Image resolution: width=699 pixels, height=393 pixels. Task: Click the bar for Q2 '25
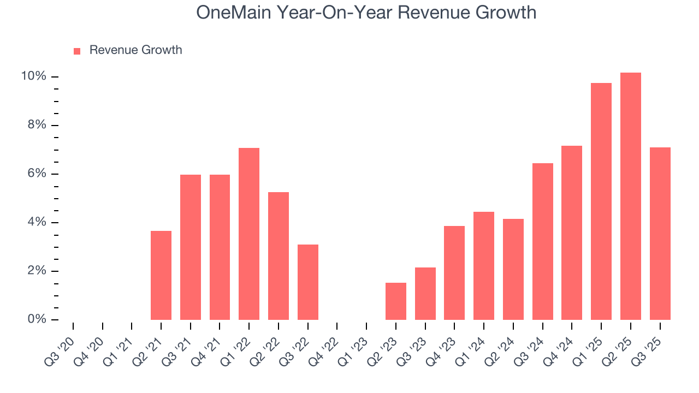tap(630, 196)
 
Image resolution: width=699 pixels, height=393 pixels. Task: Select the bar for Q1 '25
tap(601, 201)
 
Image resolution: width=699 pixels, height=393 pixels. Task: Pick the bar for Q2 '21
tap(161, 275)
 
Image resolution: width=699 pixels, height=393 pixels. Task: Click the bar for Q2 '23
tap(396, 301)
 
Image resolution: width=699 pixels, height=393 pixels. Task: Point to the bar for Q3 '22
tap(308, 282)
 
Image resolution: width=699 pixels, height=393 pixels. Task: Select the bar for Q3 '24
tap(542, 241)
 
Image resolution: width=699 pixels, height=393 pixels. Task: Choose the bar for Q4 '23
tap(454, 273)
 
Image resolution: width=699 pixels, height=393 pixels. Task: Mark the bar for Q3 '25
tap(660, 234)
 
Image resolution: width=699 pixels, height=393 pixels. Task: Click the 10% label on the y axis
tap(33, 76)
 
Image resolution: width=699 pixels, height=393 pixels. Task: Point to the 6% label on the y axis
tap(37, 174)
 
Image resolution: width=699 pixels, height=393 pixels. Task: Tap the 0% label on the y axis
tap(37, 319)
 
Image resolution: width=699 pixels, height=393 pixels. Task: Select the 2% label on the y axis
tap(37, 271)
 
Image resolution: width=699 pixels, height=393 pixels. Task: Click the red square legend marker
tap(77, 51)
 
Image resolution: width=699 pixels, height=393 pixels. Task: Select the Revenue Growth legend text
tap(135, 50)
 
